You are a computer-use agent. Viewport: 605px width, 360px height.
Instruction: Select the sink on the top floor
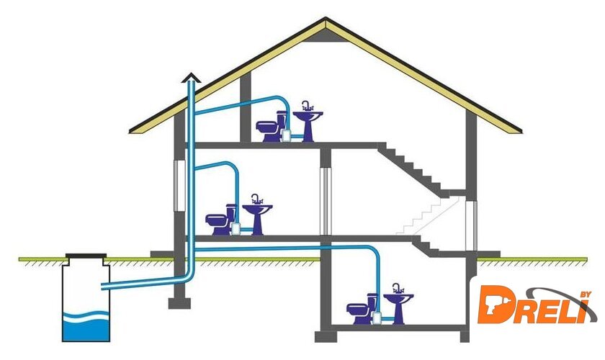308,122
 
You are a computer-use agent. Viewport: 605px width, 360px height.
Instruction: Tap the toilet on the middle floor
221,220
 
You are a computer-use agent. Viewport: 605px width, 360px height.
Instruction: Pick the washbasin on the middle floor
257,215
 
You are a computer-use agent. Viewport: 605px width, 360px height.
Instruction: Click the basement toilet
362,309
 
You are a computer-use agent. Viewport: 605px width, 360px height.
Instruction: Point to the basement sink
398,304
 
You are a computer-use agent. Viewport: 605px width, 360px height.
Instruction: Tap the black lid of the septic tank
86,256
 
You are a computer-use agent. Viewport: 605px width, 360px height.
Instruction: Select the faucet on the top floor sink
308,106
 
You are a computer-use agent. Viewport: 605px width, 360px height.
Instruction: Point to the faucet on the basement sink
398,288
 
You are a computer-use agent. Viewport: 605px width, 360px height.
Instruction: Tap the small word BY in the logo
586,294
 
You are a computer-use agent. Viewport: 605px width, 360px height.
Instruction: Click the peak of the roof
326,18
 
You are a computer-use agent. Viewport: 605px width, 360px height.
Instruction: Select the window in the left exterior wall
179,186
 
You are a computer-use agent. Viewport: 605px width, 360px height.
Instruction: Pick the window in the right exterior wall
471,226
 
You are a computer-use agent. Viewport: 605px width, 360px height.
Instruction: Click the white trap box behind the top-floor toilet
286,135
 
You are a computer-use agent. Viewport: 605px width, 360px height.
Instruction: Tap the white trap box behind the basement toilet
377,318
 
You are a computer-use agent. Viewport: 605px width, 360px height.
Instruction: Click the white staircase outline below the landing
428,216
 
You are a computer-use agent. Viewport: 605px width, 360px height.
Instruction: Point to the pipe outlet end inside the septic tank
102,287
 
